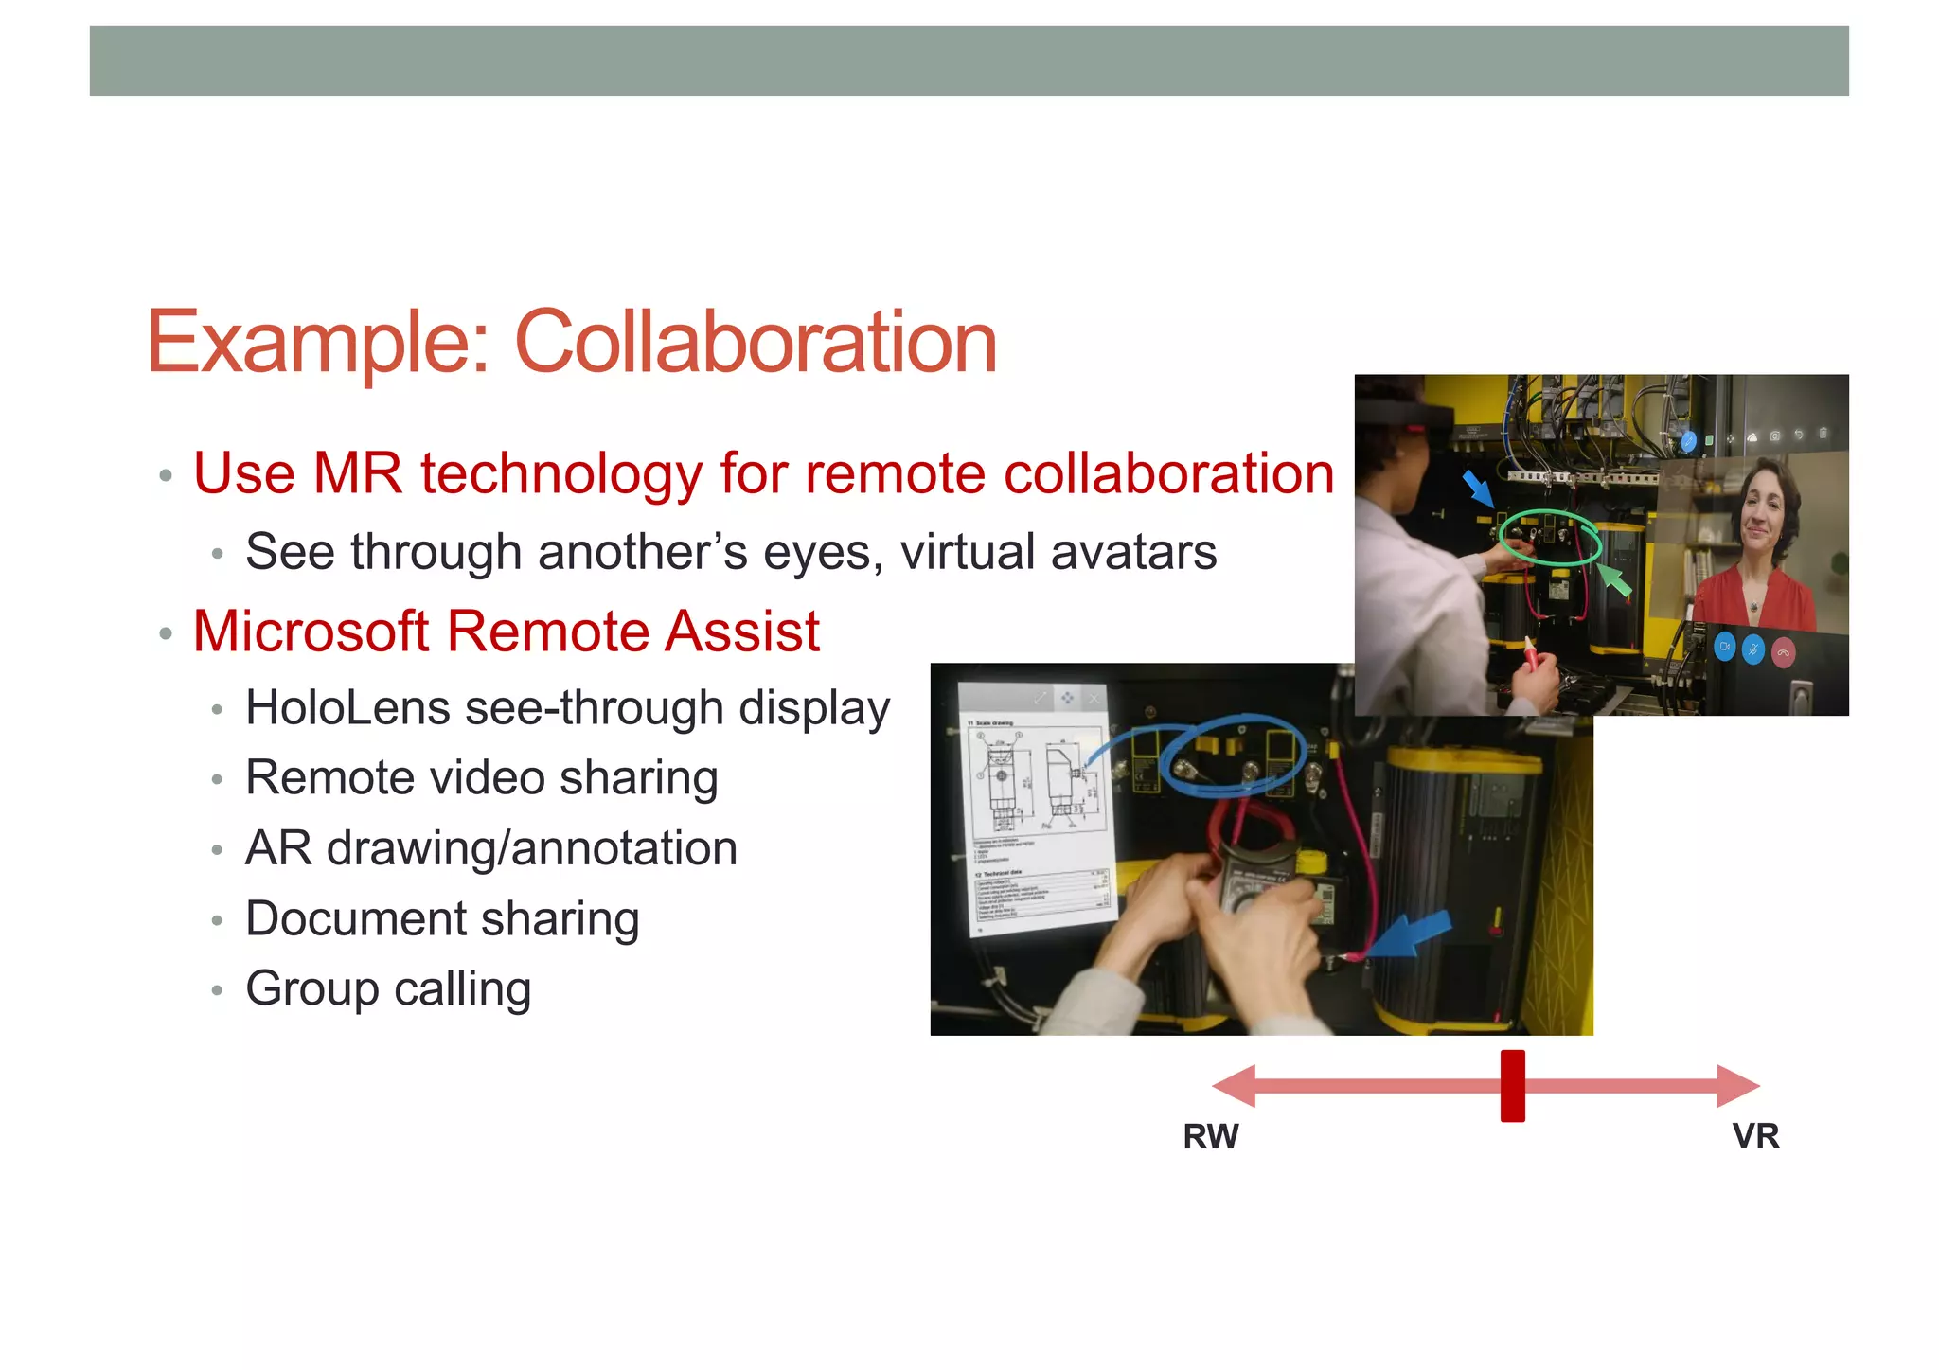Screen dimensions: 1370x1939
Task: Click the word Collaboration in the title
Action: click(756, 343)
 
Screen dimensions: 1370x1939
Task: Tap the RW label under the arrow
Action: click(1210, 1136)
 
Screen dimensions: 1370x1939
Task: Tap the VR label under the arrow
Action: click(1755, 1135)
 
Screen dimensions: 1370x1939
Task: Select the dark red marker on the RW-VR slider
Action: click(1512, 1085)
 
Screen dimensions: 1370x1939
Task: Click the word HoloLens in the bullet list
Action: click(347, 708)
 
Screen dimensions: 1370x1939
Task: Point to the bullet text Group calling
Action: click(388, 989)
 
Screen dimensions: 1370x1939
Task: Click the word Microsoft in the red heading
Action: click(311, 632)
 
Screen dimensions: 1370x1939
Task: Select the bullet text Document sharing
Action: click(442, 919)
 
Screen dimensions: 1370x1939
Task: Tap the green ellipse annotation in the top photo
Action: click(1550, 538)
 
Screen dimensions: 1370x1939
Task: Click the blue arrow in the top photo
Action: click(1478, 489)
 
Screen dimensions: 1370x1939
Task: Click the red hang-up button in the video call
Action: click(1783, 652)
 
